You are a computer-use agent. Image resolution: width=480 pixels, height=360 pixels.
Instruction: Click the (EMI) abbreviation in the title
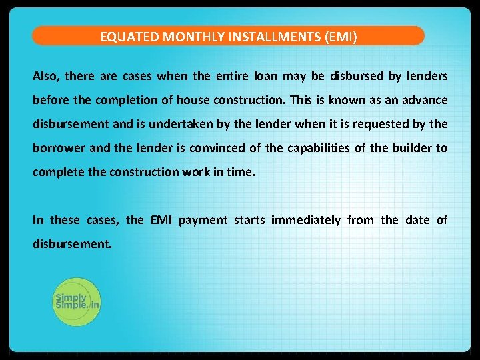(x=341, y=37)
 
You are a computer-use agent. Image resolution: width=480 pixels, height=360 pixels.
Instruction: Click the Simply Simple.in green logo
(x=76, y=301)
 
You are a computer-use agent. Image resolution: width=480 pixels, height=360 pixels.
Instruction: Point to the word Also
(x=46, y=76)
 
